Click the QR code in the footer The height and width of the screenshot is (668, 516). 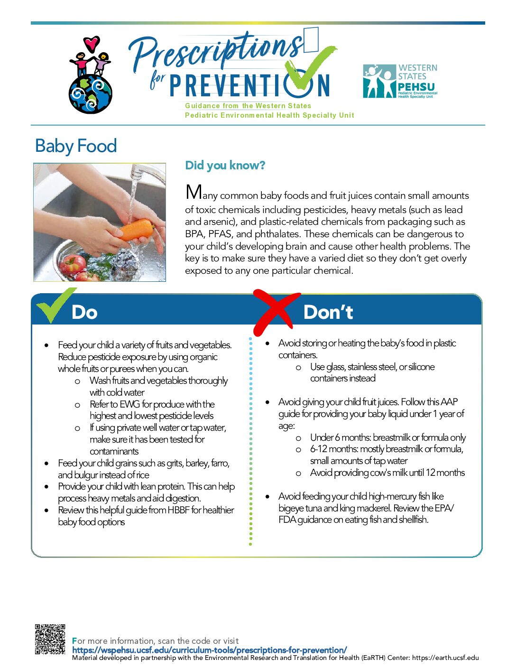50,639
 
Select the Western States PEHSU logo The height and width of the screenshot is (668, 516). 400,81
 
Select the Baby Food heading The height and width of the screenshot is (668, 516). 76,146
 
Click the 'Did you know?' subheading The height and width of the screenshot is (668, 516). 225,166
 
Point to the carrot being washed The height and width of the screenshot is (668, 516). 136,230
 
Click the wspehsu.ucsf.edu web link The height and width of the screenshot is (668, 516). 209,650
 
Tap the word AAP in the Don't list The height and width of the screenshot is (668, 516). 449,402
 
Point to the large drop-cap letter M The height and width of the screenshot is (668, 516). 193,192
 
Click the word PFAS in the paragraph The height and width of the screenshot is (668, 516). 220,234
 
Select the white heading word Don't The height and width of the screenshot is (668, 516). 328,312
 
